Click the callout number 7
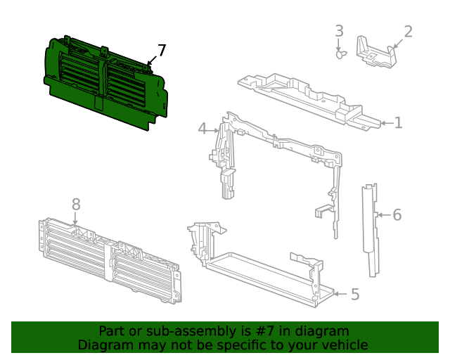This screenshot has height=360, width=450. point(162,51)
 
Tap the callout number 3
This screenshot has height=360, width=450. point(339,31)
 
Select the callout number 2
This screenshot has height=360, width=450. point(408,32)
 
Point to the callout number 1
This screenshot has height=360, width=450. point(399,123)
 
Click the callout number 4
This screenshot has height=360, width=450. point(202,128)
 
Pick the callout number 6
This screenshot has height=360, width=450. point(397,215)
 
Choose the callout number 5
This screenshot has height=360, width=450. point(355,295)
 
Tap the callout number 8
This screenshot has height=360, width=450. point(76,205)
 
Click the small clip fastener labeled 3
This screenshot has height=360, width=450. point(341,54)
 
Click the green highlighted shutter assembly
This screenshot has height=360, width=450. point(105,83)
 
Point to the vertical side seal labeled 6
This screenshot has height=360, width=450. point(370,230)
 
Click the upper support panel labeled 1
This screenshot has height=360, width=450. point(309,101)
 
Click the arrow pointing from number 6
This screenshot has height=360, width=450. point(385,214)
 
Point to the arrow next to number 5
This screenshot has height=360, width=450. point(341,294)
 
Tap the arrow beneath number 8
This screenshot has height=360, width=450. point(75,219)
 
